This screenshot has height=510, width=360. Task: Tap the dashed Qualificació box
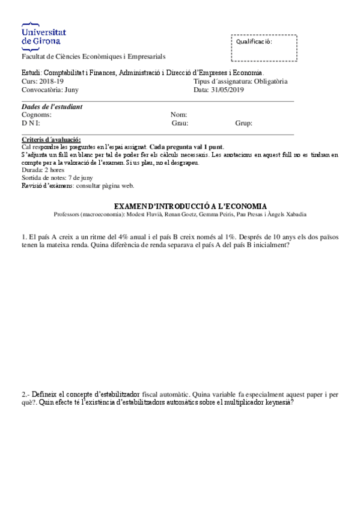tap(263, 48)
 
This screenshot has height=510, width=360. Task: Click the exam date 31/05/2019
tap(227, 90)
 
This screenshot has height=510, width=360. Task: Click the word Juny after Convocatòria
tap(71, 90)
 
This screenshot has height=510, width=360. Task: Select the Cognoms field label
tap(36, 115)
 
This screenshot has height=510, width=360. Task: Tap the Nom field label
tap(179, 115)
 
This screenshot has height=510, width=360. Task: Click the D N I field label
tap(31, 123)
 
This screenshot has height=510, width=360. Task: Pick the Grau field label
tap(180, 123)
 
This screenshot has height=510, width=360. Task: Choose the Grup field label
tap(243, 123)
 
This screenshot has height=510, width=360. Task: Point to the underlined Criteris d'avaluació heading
tap(50, 140)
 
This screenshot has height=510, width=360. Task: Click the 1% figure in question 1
tap(229, 237)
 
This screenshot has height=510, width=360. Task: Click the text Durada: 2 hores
tap(43, 170)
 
